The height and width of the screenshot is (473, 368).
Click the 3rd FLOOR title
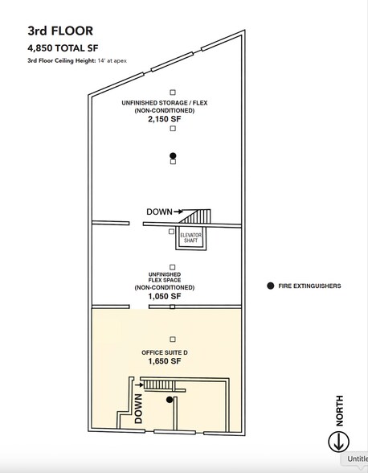tap(60, 31)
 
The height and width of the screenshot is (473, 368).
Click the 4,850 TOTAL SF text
tap(63, 48)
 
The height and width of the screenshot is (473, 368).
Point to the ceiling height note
tap(77, 60)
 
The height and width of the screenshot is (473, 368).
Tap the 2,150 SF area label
tap(165, 119)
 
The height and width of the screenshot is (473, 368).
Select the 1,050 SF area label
tap(165, 297)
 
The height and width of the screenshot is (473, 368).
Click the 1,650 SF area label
tap(165, 361)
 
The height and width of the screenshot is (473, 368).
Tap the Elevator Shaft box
tap(191, 238)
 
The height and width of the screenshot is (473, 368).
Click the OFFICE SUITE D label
tap(165, 352)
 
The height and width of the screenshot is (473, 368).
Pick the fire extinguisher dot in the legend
tap(271, 286)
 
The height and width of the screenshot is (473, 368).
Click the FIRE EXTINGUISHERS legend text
tap(309, 286)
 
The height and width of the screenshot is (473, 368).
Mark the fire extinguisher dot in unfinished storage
tap(173, 156)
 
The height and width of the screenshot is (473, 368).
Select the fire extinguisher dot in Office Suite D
tap(170, 400)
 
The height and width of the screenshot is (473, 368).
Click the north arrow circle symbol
tap(339, 442)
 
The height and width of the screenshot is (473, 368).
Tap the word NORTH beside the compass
tap(340, 410)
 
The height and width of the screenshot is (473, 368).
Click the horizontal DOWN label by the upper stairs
tap(159, 212)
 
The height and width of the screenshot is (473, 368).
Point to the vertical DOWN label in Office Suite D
tap(138, 409)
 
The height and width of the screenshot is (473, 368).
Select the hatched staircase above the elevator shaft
tap(195, 216)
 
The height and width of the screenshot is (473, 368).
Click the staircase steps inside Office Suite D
tap(158, 385)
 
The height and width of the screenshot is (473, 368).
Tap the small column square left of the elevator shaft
tap(171, 232)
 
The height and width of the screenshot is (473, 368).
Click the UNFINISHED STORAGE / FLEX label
tap(165, 103)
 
